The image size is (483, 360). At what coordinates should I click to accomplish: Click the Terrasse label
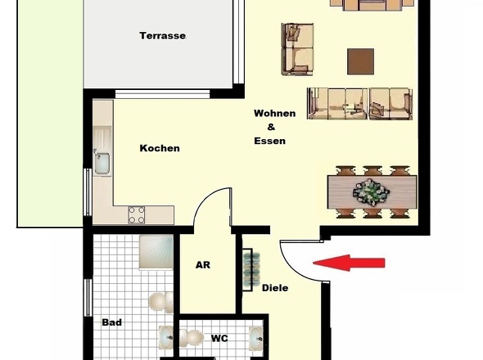(163, 36)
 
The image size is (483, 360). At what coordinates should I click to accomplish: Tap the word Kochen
(160, 148)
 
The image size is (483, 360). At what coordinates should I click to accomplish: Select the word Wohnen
(275, 114)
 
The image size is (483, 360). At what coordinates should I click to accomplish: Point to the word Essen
(270, 141)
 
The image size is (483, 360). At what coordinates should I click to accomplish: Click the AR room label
(203, 265)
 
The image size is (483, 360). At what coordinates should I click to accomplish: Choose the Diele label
(275, 288)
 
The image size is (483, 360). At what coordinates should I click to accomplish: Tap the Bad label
(112, 322)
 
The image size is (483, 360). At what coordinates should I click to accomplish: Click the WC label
(219, 339)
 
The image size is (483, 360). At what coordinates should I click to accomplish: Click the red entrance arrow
(349, 263)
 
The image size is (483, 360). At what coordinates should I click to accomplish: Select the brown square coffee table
(361, 61)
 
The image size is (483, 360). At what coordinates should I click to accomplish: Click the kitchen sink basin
(102, 164)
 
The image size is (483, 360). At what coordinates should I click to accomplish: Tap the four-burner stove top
(137, 215)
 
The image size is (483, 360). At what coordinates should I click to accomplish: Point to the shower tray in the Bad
(156, 252)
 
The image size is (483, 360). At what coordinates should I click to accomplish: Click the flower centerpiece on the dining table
(371, 193)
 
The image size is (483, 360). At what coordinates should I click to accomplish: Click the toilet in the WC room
(192, 338)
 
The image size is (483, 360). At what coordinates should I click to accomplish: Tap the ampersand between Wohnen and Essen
(271, 127)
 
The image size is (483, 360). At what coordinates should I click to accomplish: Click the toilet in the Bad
(160, 302)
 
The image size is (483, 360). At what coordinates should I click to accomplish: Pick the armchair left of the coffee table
(297, 49)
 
